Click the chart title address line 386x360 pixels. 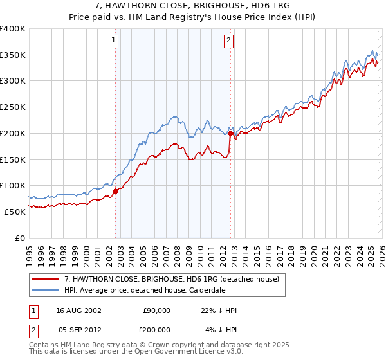coord(193,6)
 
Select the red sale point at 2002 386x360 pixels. coord(116,190)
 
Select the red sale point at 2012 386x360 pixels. coord(231,134)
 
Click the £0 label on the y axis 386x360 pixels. coord(20,238)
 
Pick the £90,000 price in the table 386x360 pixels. coord(156,310)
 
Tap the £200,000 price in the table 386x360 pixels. coord(156,330)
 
